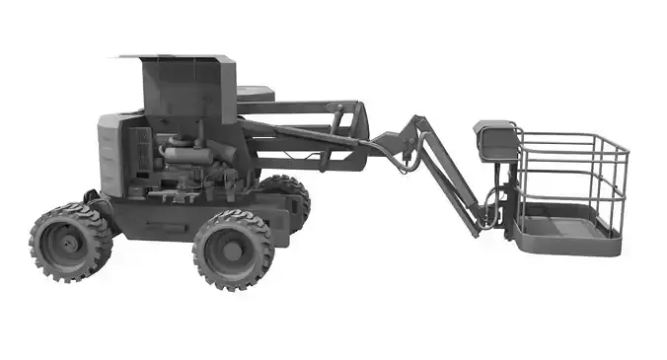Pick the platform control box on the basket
[x=495, y=140]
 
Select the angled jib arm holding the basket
[x=450, y=178]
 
